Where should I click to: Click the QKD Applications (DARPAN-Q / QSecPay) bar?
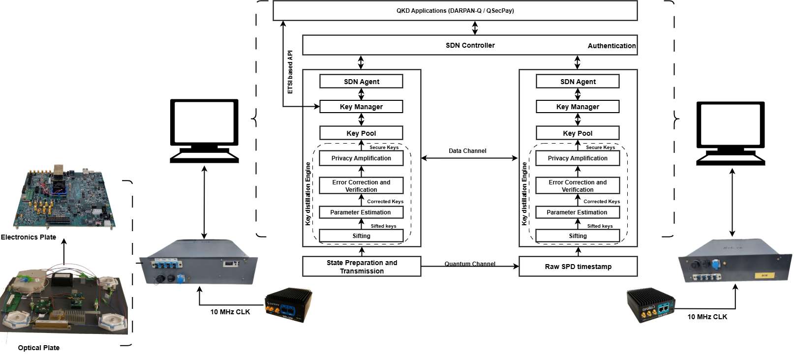coord(455,10)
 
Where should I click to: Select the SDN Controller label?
coord(470,45)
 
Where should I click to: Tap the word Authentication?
coord(611,46)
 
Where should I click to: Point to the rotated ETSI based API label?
coord(290,71)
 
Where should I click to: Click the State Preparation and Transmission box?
coord(362,267)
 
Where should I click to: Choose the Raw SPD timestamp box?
coord(578,267)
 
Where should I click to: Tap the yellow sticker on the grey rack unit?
coord(764,275)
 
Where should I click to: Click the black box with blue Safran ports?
coord(289,305)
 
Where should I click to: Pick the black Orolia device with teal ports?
coord(651,305)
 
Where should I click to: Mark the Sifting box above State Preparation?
coord(361,236)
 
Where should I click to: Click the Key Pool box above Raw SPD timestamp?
coord(578,133)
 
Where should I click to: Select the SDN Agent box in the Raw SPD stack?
coord(578,82)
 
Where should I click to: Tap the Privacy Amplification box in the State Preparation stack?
coord(361,158)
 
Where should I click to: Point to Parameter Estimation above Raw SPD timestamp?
coord(577,212)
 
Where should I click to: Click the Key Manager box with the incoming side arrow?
coord(361,107)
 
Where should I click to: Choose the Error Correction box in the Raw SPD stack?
coord(578,186)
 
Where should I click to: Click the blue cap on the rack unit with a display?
coord(180,279)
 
